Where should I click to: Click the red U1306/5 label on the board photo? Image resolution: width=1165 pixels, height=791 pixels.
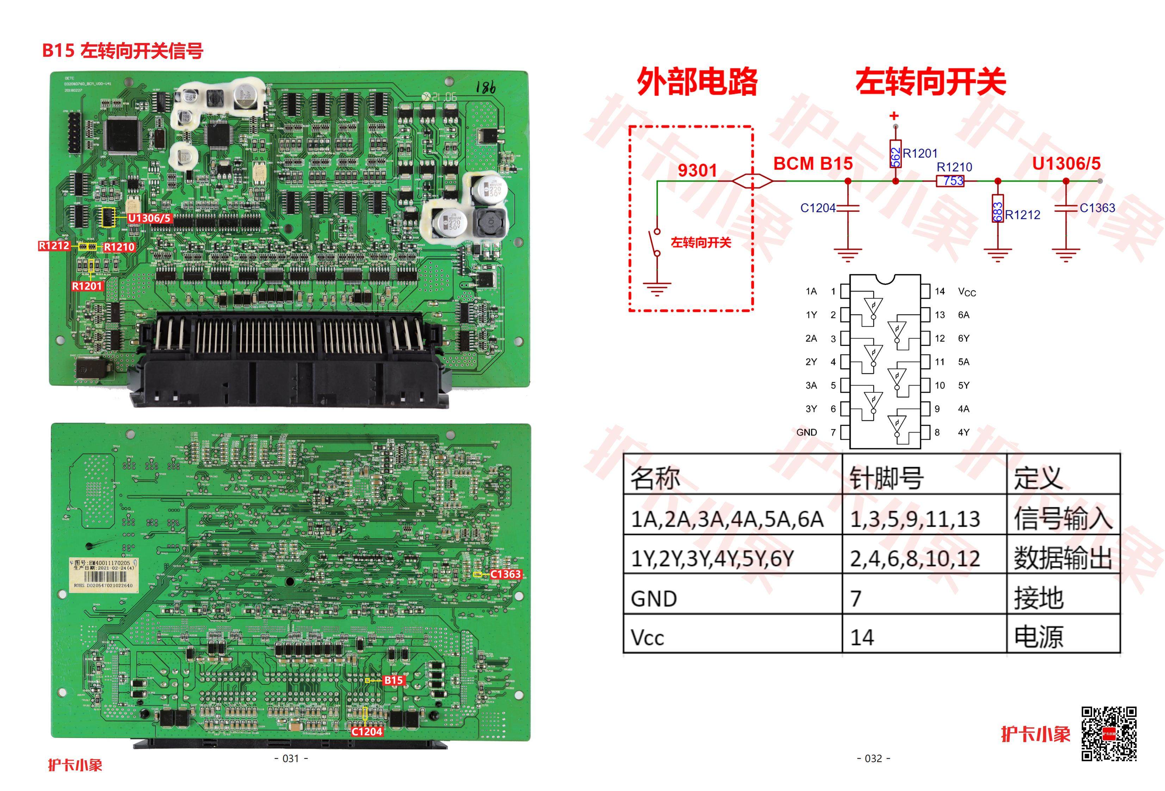point(149,218)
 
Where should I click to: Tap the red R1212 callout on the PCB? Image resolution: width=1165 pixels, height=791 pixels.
point(54,246)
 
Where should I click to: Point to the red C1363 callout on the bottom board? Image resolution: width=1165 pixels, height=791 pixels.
point(505,574)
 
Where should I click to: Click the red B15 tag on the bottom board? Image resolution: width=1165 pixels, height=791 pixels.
point(394,680)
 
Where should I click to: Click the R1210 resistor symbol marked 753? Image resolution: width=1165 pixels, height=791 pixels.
point(950,181)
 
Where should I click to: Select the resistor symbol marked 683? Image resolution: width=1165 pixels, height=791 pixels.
point(998,209)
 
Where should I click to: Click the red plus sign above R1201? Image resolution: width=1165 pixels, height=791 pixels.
point(894,116)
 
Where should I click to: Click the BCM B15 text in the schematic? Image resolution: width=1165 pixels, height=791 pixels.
point(813,164)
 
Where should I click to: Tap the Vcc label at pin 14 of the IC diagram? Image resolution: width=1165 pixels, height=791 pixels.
point(967,292)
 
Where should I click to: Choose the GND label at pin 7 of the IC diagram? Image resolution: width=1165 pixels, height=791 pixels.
point(807,433)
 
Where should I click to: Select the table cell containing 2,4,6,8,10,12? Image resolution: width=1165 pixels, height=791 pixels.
point(915,559)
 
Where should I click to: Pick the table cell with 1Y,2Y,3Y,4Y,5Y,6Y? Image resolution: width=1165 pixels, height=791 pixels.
point(712,559)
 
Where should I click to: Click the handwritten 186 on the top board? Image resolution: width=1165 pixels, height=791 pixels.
point(485,88)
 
